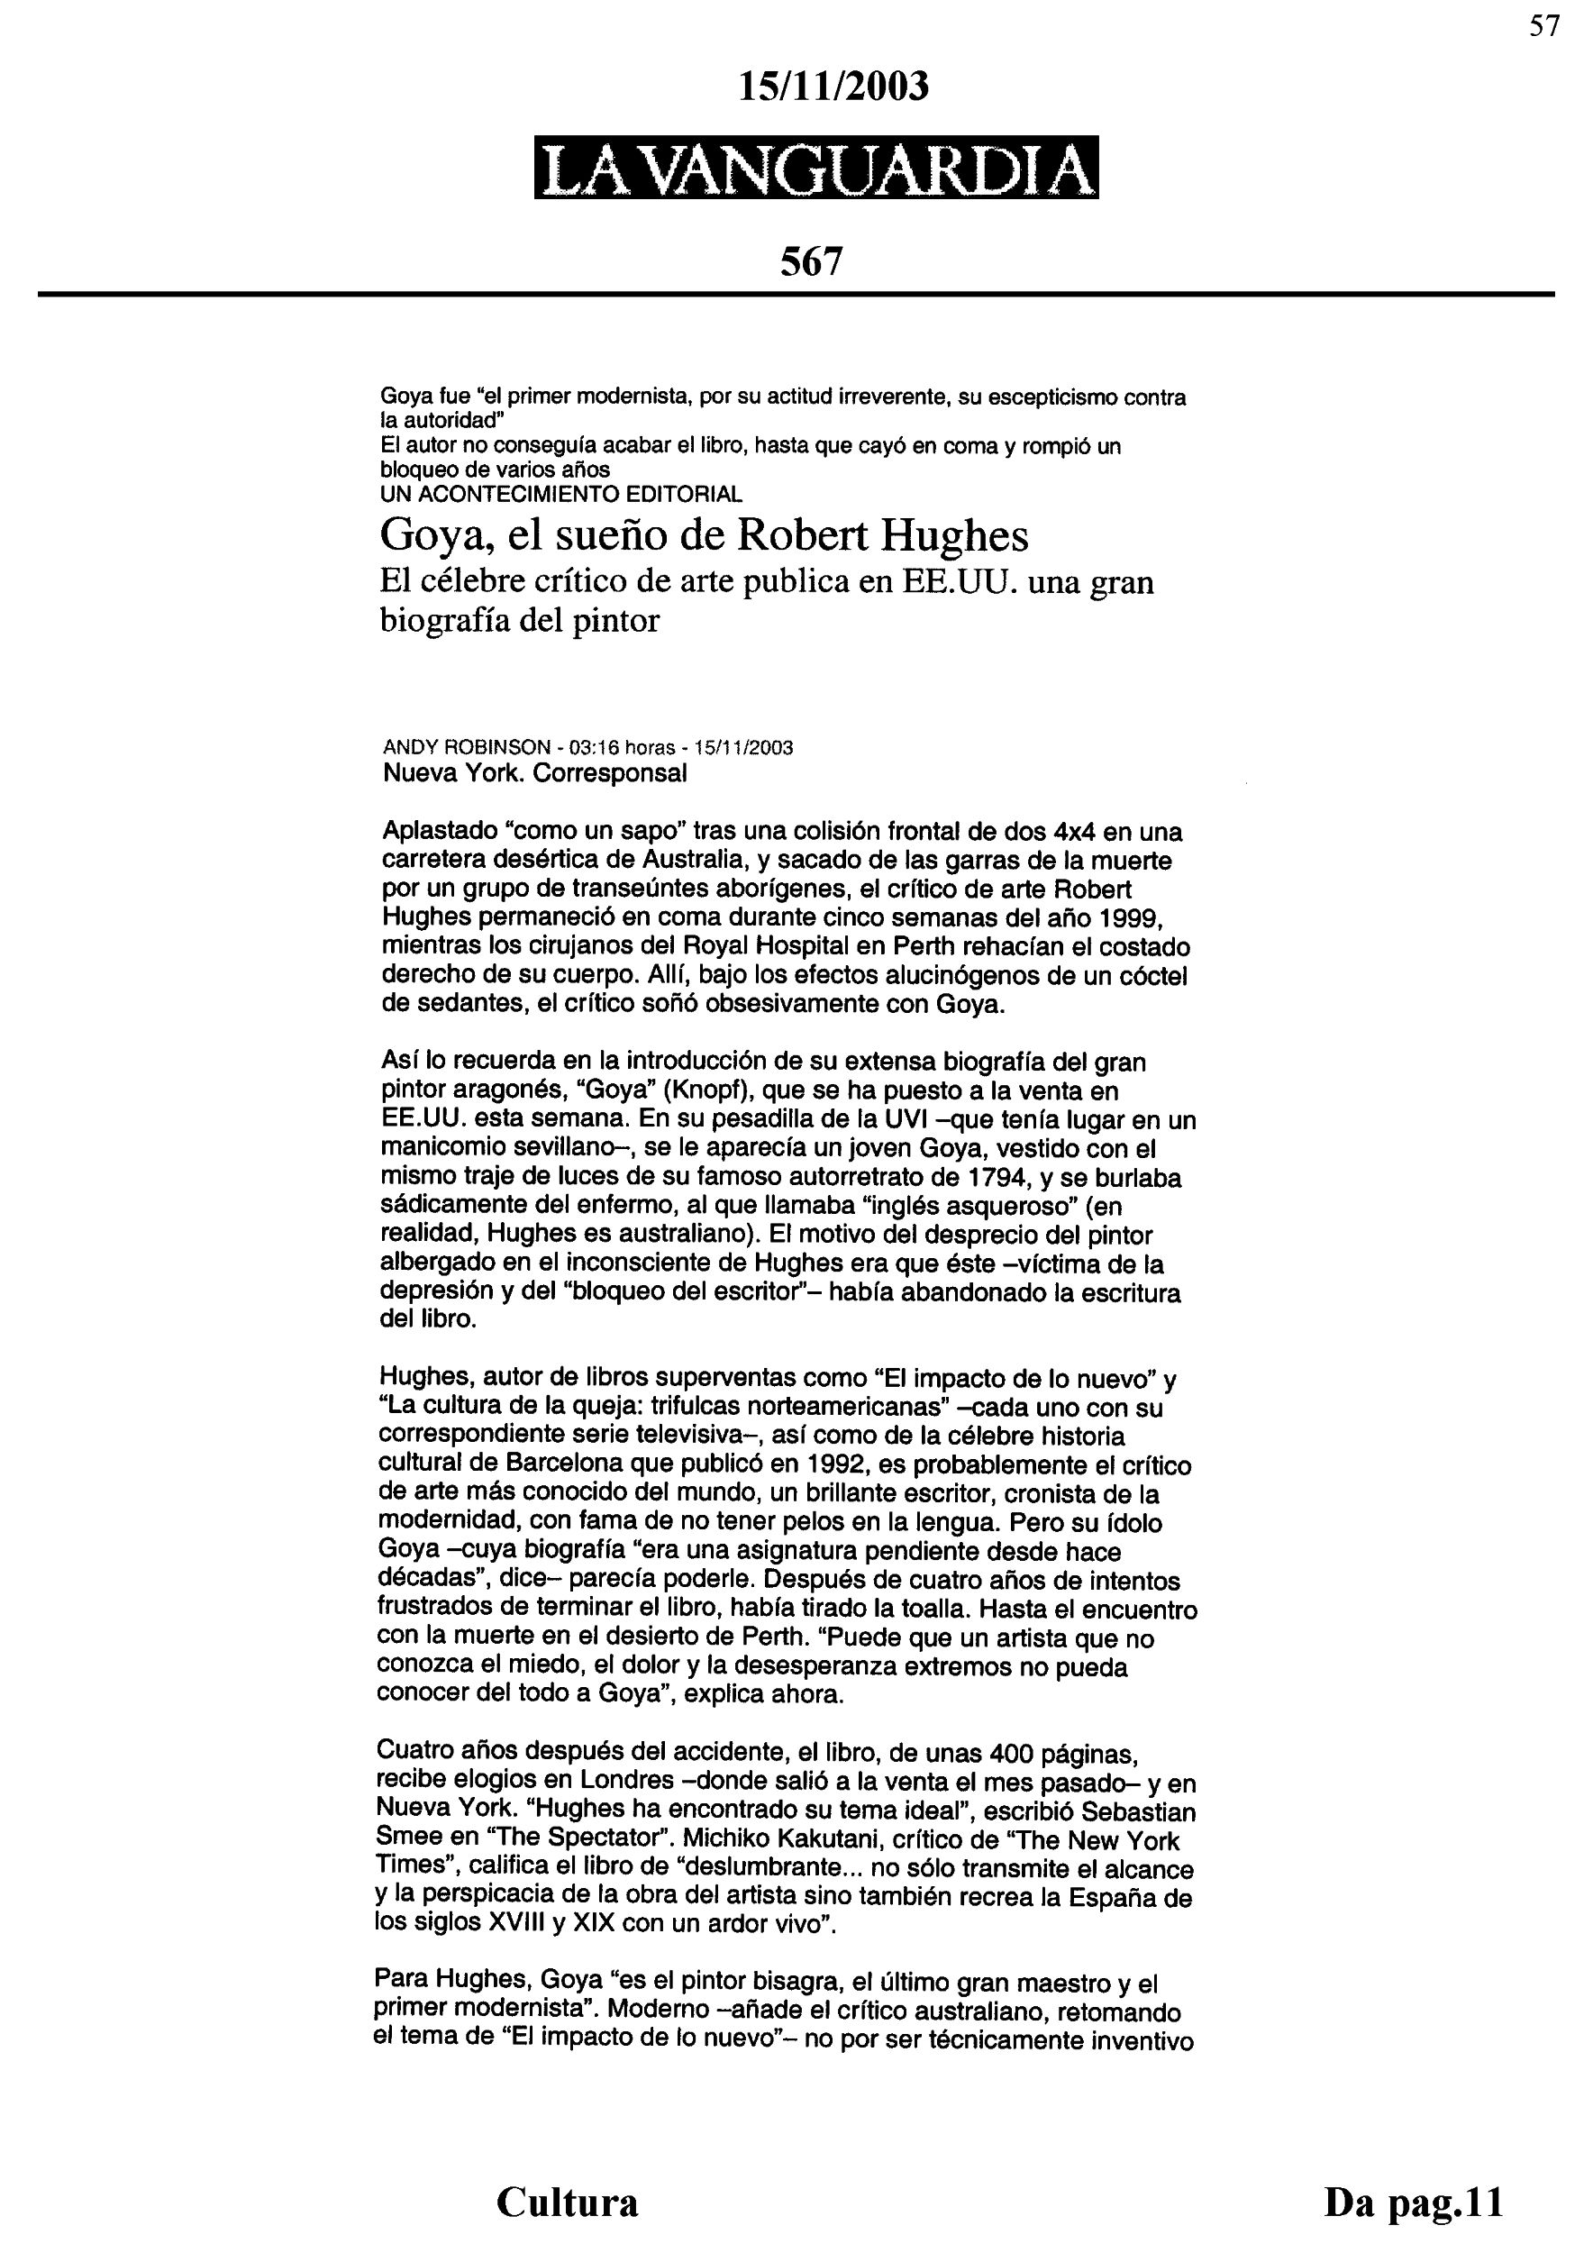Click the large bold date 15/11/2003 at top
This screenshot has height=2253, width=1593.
[833, 87]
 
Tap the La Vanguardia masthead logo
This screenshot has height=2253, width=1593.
[816, 168]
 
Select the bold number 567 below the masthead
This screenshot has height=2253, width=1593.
[811, 261]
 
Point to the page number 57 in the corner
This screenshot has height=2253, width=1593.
[1544, 26]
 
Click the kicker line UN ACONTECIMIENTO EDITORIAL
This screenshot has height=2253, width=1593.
[561, 494]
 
